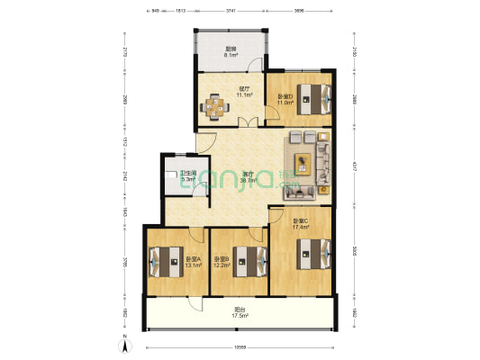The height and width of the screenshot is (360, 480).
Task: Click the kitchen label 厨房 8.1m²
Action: (231, 51)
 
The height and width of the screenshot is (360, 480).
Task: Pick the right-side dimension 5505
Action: (354, 253)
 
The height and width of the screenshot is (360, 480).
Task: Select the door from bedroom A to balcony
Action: (192, 286)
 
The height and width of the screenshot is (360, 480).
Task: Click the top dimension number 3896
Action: (299, 10)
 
